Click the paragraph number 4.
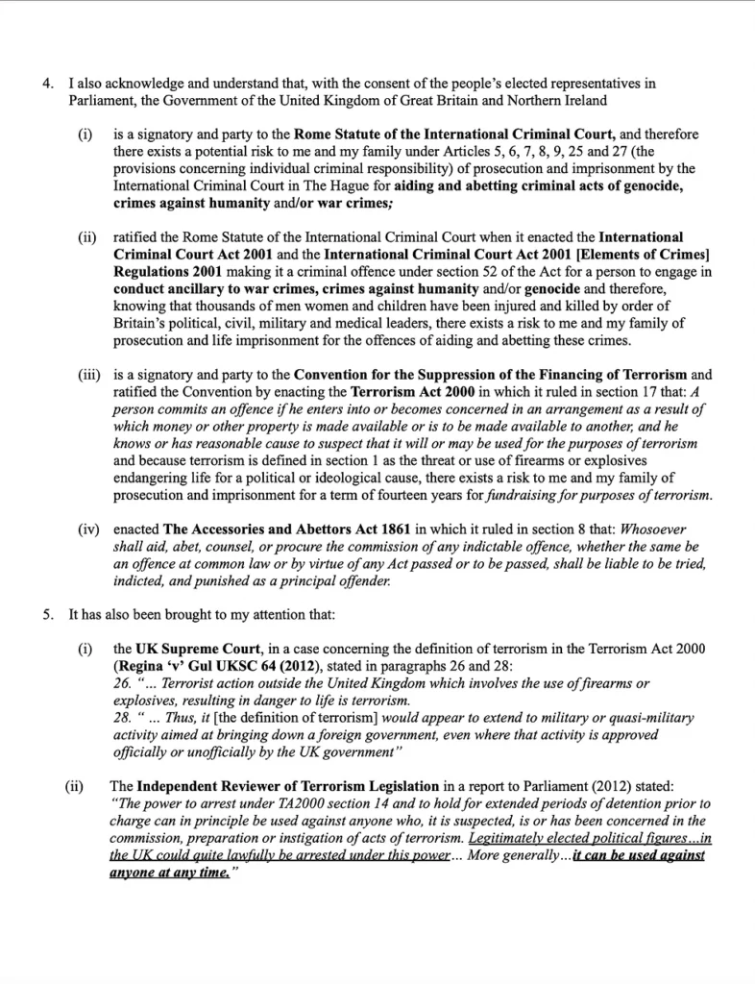coord(46,85)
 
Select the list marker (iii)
coord(90,375)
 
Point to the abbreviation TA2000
coord(315,803)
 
